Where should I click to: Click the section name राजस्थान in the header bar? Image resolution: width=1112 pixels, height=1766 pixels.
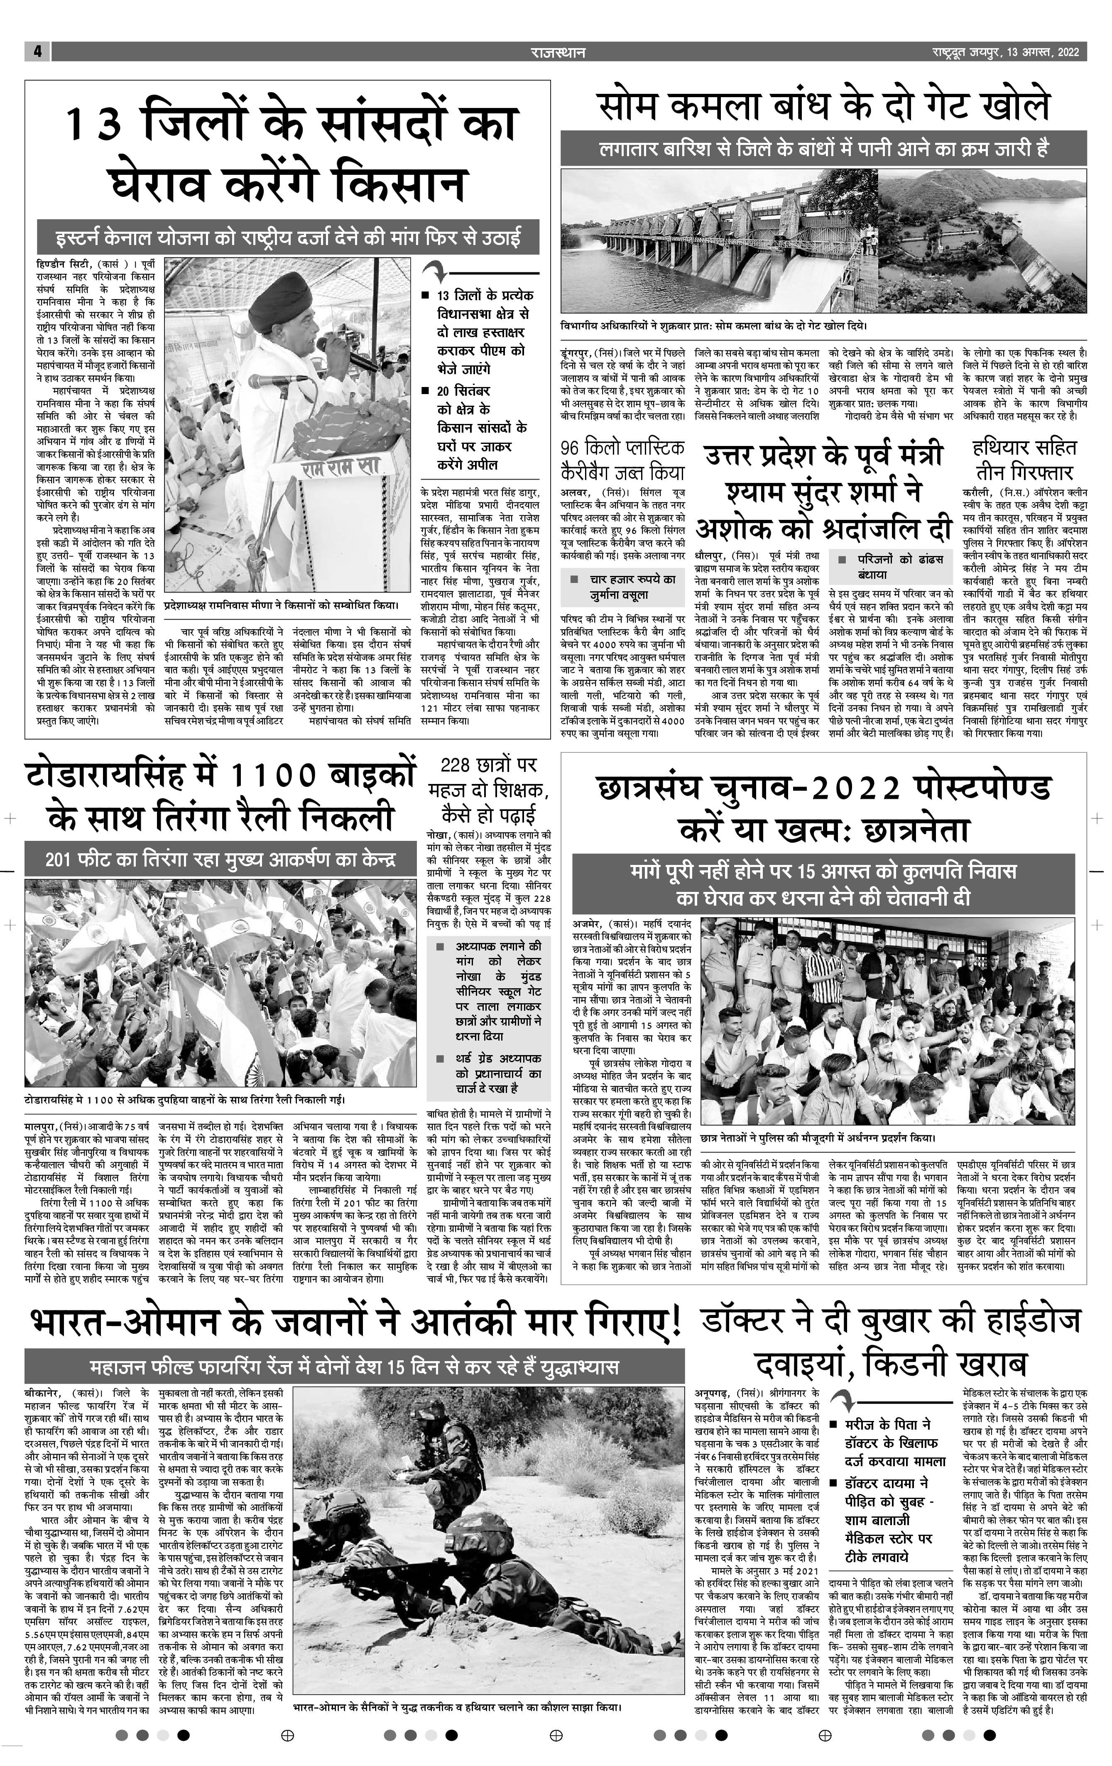pyautogui.click(x=558, y=52)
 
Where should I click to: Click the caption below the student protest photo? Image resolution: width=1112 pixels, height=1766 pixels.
pyautogui.click(x=818, y=1137)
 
